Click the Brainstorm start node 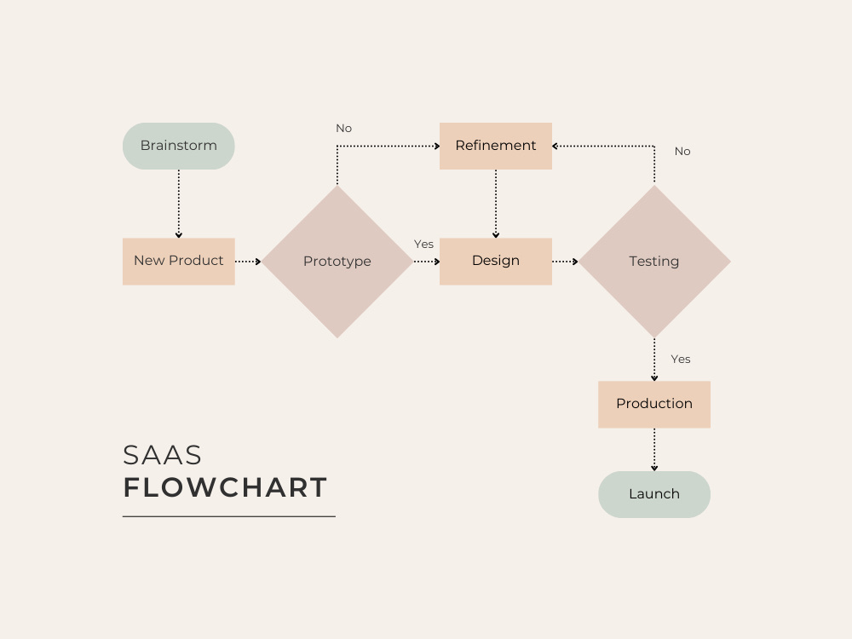(x=178, y=146)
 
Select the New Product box (x=178, y=261)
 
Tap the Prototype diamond (x=337, y=262)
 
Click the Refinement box (x=495, y=146)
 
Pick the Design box (x=495, y=261)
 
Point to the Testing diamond (x=654, y=262)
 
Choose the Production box (x=654, y=404)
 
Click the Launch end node (x=654, y=494)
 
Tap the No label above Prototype (x=343, y=129)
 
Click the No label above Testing (x=682, y=152)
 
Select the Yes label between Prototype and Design (x=423, y=245)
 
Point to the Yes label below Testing (x=681, y=360)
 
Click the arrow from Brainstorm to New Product (x=179, y=204)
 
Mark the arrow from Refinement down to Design (x=496, y=204)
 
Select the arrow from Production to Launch (x=654, y=450)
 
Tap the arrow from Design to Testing (x=565, y=262)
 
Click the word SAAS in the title (x=163, y=455)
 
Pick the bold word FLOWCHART (x=226, y=488)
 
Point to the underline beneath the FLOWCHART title (x=228, y=516)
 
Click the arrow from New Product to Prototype (x=248, y=262)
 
